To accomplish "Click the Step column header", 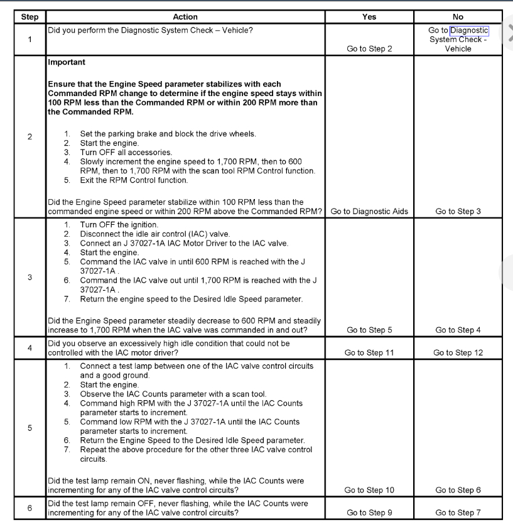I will click(30, 17).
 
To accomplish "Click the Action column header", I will click(185, 17).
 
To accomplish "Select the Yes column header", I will click(369, 17).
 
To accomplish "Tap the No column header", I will click(458, 17).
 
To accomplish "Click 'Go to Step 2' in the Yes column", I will click(369, 49).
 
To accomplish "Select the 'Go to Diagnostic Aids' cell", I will click(369, 211).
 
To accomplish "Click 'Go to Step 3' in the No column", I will click(458, 211).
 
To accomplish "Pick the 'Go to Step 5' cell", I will click(369, 330).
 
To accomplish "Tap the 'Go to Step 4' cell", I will click(458, 330).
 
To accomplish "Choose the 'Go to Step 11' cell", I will click(369, 352).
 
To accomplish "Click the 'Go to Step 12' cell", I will click(458, 352).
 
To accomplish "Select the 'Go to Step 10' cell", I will click(369, 490).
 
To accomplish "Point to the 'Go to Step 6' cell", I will click(458, 490).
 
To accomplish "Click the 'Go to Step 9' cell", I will click(369, 513).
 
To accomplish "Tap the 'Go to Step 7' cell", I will click(458, 513).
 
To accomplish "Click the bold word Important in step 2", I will click(67, 63).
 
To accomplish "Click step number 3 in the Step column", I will click(30, 277).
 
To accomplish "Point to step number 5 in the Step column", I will click(30, 428).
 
